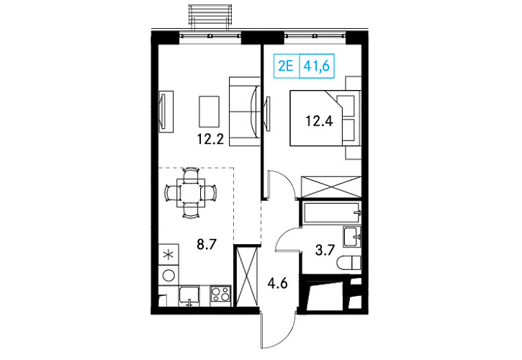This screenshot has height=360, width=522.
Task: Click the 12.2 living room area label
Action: (x=210, y=139)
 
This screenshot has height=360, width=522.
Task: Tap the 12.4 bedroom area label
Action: (x=319, y=121)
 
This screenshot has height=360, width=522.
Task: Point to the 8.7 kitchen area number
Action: (x=207, y=245)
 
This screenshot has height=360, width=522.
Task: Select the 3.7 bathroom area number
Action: (x=325, y=250)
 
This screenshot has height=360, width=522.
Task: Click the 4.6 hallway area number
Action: (x=277, y=284)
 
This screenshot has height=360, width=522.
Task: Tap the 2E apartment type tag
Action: (x=286, y=66)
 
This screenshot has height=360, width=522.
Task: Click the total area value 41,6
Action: (x=316, y=66)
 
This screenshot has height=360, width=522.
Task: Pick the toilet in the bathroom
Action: (x=349, y=263)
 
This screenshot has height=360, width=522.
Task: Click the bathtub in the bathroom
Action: (x=332, y=212)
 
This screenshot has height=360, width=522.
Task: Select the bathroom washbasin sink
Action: (x=352, y=237)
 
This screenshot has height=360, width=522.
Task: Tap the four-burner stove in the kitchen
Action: (x=220, y=295)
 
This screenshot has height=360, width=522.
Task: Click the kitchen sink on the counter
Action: (x=189, y=297)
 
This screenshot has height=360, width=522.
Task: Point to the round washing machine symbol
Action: (x=169, y=276)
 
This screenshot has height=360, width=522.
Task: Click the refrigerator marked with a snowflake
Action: (x=168, y=255)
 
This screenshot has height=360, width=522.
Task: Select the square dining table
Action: (x=191, y=193)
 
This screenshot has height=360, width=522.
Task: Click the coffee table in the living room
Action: (x=209, y=111)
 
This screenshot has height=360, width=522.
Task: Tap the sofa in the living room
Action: (x=245, y=112)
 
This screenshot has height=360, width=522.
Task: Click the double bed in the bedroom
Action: (x=325, y=118)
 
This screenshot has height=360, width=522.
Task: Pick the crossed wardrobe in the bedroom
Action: (x=331, y=187)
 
